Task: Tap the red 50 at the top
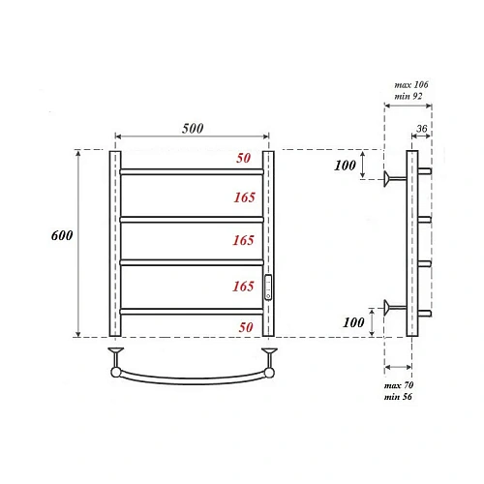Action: (x=244, y=157)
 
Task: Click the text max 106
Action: (x=410, y=85)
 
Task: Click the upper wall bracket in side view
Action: (x=391, y=178)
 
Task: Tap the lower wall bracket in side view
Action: (x=391, y=309)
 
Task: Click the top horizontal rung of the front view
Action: (x=192, y=172)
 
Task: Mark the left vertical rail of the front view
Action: (x=114, y=242)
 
